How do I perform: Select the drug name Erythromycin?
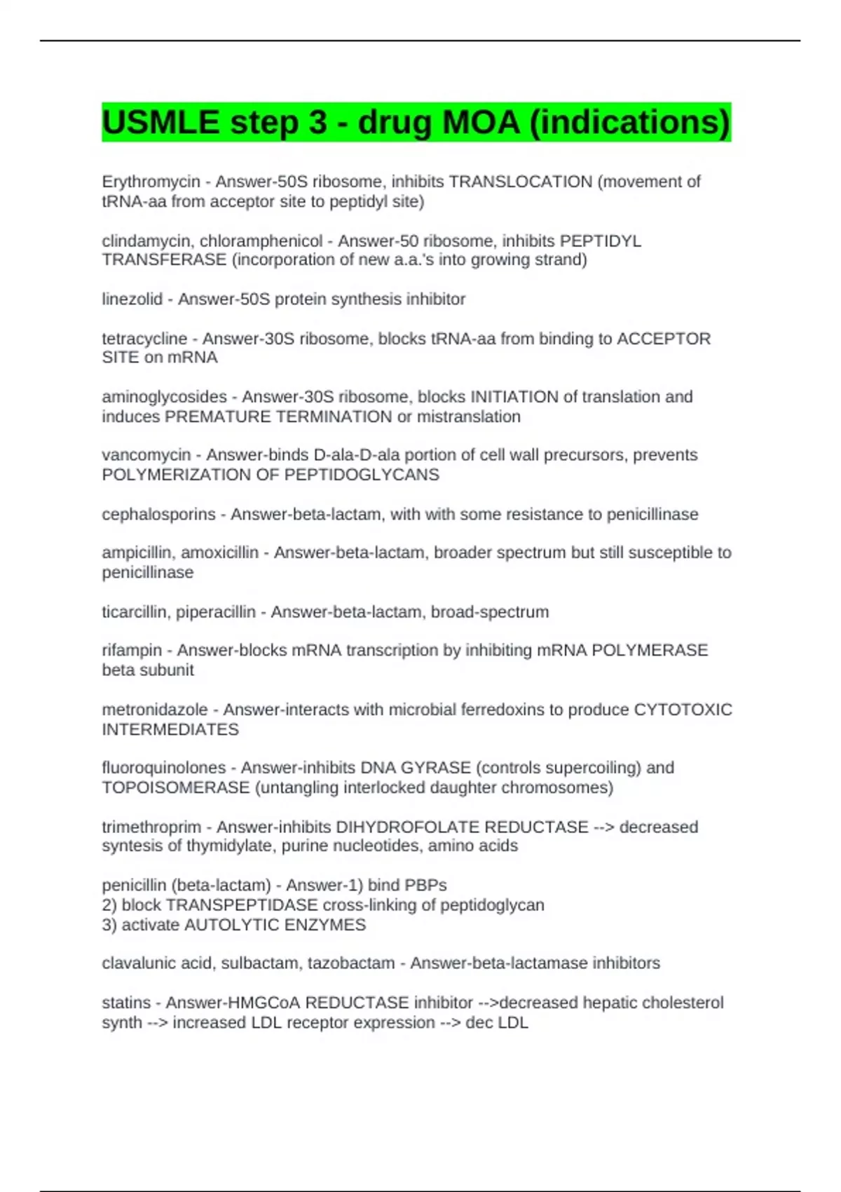click(x=151, y=182)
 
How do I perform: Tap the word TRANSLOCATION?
click(x=520, y=182)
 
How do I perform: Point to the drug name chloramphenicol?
click(x=261, y=241)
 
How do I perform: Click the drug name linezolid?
click(x=132, y=299)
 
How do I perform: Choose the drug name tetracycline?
click(x=144, y=339)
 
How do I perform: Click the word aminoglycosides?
click(x=164, y=397)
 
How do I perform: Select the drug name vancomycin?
click(x=146, y=455)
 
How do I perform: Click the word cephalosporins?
click(x=158, y=514)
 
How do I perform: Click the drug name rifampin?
click(x=132, y=651)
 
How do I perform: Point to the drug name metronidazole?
click(x=154, y=710)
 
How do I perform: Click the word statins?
click(x=126, y=1003)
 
